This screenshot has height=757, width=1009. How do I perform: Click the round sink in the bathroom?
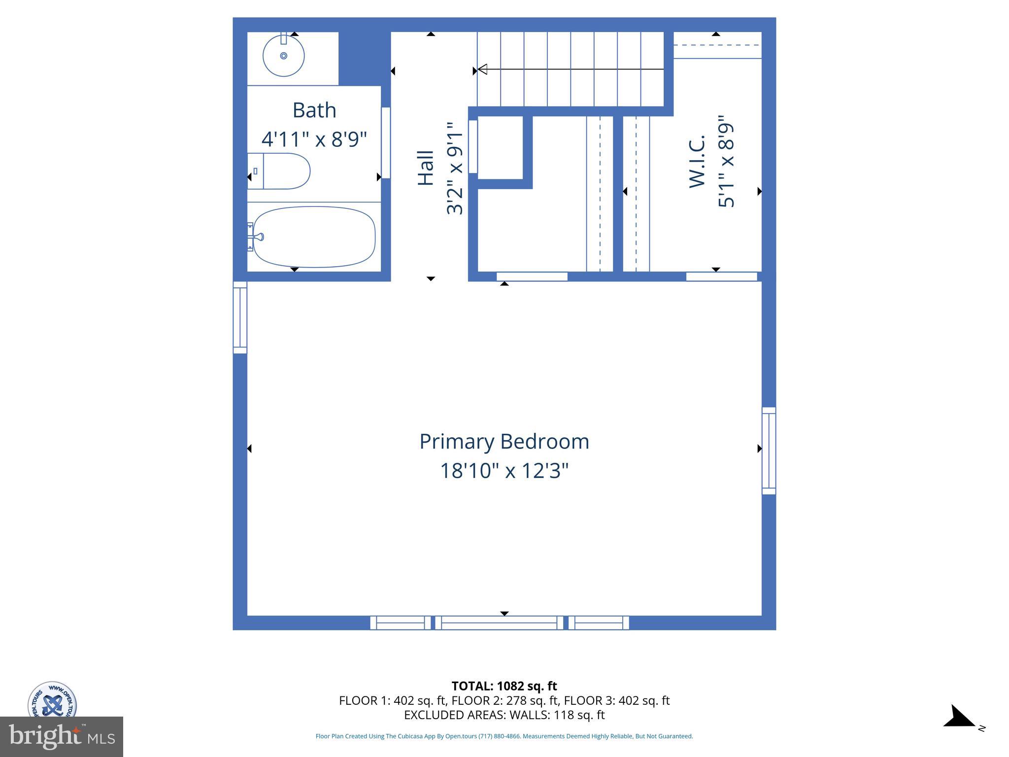click(283, 56)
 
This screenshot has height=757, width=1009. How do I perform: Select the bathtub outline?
click(314, 237)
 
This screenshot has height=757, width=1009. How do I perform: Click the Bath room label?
click(314, 110)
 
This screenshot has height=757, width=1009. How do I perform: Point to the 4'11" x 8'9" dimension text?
click(314, 139)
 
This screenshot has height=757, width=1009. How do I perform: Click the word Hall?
click(426, 168)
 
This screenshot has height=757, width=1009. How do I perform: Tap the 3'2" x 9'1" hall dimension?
click(455, 168)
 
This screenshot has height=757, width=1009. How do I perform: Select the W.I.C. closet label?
click(697, 162)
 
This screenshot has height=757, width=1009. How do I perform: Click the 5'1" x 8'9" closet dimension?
click(726, 162)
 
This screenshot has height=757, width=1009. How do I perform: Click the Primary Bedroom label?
click(504, 441)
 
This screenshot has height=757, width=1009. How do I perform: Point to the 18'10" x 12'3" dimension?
click(504, 471)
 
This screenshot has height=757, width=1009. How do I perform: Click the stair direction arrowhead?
click(482, 69)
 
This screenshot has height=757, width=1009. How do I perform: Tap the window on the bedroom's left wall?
click(240, 317)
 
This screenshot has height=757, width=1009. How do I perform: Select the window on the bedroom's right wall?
click(769, 450)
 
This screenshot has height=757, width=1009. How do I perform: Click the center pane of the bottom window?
click(499, 623)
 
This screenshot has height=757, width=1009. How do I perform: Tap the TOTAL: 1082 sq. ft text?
click(504, 686)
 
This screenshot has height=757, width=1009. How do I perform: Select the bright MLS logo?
click(62, 736)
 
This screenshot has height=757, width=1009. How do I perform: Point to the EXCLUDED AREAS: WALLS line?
click(504, 715)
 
